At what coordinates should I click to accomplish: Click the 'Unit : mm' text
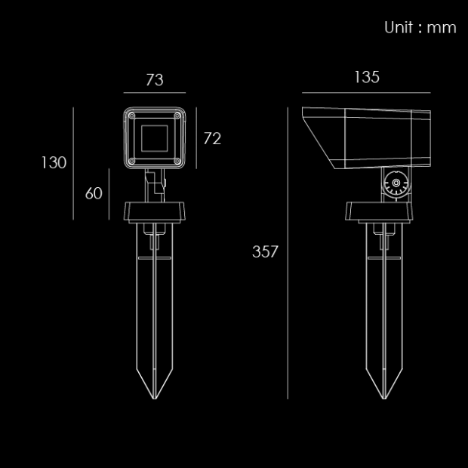pos(420,27)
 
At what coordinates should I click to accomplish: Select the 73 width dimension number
pos(155,80)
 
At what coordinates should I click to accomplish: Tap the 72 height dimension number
pos(212,138)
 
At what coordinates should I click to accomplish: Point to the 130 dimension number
pos(54,162)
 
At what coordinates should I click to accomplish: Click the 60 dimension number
pos(94,193)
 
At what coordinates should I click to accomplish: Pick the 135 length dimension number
pos(367,77)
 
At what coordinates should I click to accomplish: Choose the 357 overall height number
pos(265,251)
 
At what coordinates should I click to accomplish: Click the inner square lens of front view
pos(154,138)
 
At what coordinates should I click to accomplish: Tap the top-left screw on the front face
pos(132,115)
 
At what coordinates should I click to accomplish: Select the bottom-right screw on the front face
pos(177,162)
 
